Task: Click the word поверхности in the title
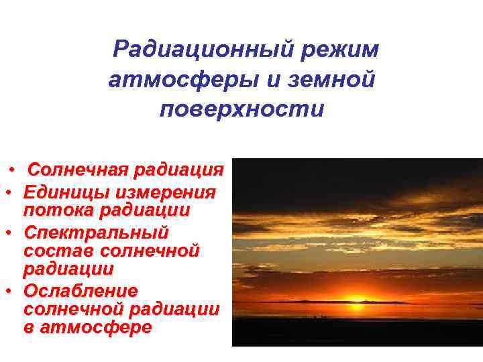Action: (x=241, y=109)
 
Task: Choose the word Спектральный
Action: (x=95, y=233)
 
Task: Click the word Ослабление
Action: (x=80, y=292)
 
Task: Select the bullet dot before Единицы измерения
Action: (x=9, y=192)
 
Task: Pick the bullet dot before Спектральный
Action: (x=9, y=233)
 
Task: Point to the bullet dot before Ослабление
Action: (x=9, y=292)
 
